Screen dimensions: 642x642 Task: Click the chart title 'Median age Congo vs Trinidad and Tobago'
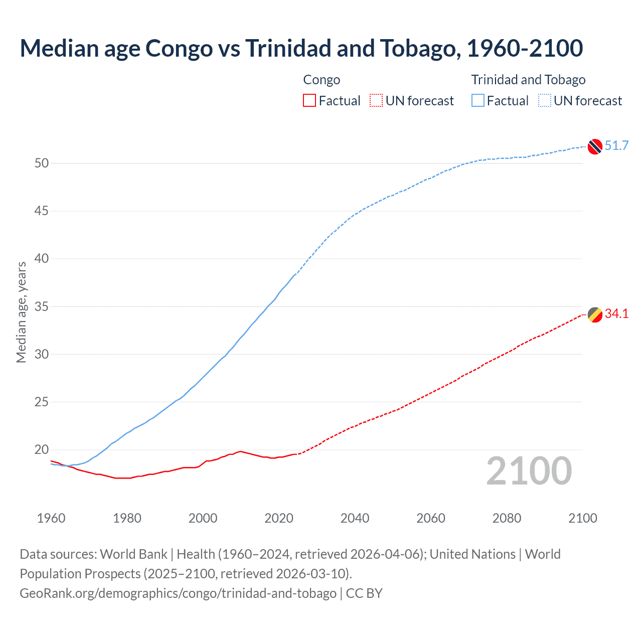301,48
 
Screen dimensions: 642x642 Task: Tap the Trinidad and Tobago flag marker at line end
594,146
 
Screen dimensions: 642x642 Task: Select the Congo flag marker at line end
594,314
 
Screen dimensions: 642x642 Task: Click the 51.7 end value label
616,146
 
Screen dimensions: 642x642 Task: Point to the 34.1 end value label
616,314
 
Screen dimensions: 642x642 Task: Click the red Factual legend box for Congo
309,101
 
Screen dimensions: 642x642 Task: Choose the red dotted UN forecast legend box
376,101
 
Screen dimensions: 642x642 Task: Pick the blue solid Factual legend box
478,101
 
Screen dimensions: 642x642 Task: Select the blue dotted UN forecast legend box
545,101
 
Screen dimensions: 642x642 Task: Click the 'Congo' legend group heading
322,80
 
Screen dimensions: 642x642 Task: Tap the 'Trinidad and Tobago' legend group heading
528,80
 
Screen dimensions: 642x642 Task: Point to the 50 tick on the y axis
42,164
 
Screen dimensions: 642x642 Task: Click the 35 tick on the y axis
42,306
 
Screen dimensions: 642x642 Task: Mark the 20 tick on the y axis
42,450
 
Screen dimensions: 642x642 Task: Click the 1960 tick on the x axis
51,518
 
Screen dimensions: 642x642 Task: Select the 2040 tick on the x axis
355,518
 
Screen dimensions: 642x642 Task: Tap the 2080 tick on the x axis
507,518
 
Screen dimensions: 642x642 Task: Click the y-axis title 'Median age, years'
21,312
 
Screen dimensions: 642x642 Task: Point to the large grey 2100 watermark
529,471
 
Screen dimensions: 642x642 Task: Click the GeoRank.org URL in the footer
178,593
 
